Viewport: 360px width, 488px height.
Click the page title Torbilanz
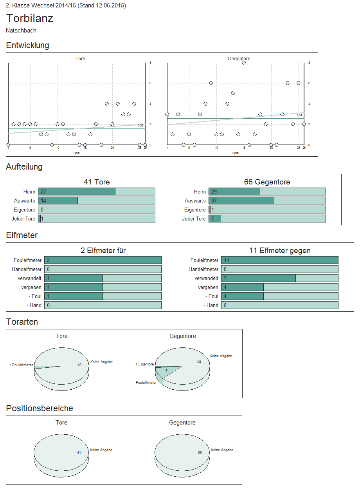(x=30, y=18)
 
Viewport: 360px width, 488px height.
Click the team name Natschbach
(x=21, y=31)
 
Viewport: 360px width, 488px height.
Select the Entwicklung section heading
(x=27, y=45)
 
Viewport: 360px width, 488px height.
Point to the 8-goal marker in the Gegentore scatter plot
(x=243, y=63)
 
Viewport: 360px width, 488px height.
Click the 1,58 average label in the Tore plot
(x=141, y=125)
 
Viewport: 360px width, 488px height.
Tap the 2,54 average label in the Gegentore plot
(x=299, y=115)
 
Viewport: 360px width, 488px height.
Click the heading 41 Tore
(x=97, y=182)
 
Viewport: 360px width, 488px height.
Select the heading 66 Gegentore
(x=267, y=182)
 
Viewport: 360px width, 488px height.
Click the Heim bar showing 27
(x=77, y=192)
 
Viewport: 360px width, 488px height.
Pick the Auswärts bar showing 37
(x=241, y=201)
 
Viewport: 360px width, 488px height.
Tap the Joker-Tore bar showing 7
(x=215, y=219)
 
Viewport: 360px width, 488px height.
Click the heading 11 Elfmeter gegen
(x=279, y=251)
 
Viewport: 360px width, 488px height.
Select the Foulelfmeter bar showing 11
(x=279, y=260)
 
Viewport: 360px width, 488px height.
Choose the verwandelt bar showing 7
(x=258, y=278)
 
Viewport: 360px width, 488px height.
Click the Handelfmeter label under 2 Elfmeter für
(x=27, y=269)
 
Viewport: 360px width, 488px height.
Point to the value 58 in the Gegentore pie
(x=199, y=361)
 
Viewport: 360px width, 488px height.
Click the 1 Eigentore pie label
(x=145, y=364)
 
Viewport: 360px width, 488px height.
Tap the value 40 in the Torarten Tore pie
(x=79, y=365)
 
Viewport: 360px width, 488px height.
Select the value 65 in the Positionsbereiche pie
(x=200, y=453)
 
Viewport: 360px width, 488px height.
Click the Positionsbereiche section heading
(x=40, y=408)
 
